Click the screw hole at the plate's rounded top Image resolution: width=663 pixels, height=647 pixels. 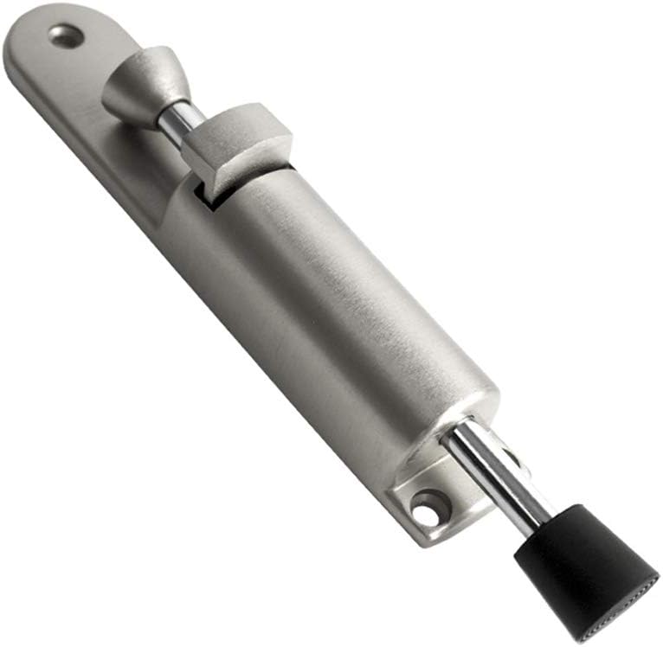click(x=67, y=35)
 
